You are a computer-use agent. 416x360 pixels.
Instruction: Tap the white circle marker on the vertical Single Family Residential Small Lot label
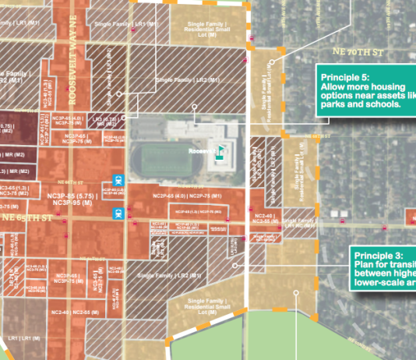click(x=271, y=62)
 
